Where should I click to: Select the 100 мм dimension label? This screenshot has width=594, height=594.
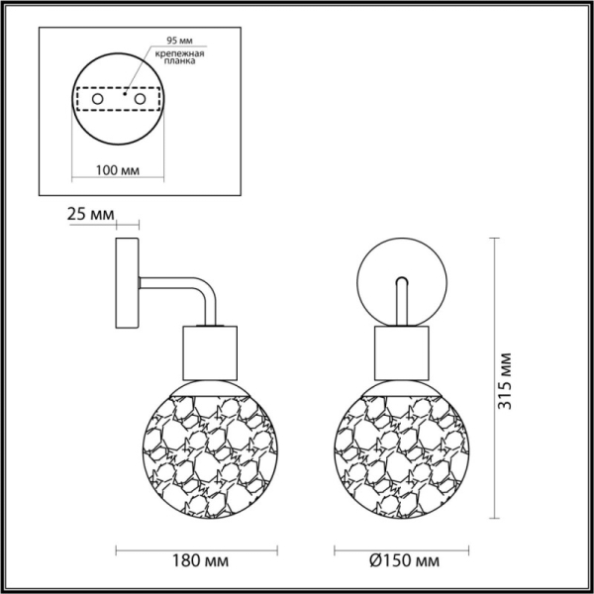tap(117, 169)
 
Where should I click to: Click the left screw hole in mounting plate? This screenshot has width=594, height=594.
tap(96, 100)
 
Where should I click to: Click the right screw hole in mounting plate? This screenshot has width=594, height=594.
tap(140, 100)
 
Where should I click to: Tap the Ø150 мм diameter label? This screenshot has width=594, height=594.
tap(404, 561)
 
